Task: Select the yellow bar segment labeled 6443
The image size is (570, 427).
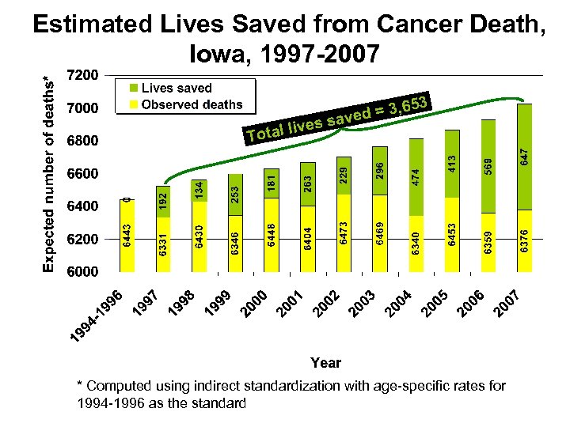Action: (126, 235)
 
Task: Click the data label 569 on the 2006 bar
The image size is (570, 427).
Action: (489, 165)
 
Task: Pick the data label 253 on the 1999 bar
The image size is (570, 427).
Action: (234, 194)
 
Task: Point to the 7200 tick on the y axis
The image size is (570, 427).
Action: (83, 75)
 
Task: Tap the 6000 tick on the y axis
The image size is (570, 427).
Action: (83, 271)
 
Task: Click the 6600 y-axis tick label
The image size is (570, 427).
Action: (83, 173)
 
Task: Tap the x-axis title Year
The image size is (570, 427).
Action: (325, 363)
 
